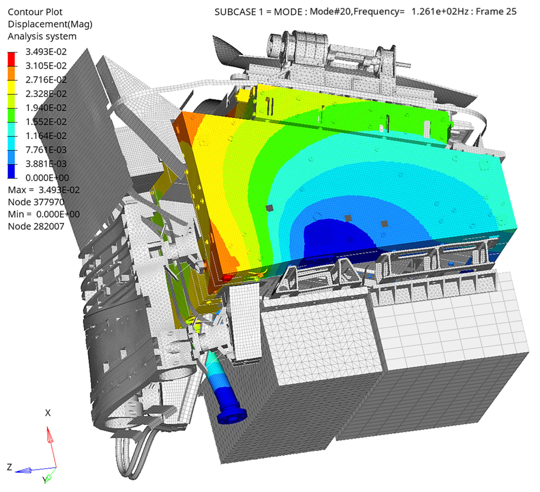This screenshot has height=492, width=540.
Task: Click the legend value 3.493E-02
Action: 46,52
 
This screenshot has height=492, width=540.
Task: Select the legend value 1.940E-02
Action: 46,108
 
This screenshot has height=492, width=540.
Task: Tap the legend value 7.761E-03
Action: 46,150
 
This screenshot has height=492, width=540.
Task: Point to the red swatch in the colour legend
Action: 11,59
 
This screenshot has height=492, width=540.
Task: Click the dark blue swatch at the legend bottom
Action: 11,171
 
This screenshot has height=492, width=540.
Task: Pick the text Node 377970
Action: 36,202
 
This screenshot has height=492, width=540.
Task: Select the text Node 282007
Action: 36,226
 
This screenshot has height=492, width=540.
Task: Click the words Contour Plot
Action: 35,12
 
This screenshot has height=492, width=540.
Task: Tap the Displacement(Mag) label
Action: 50,24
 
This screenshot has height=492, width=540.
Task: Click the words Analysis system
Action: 42,36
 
